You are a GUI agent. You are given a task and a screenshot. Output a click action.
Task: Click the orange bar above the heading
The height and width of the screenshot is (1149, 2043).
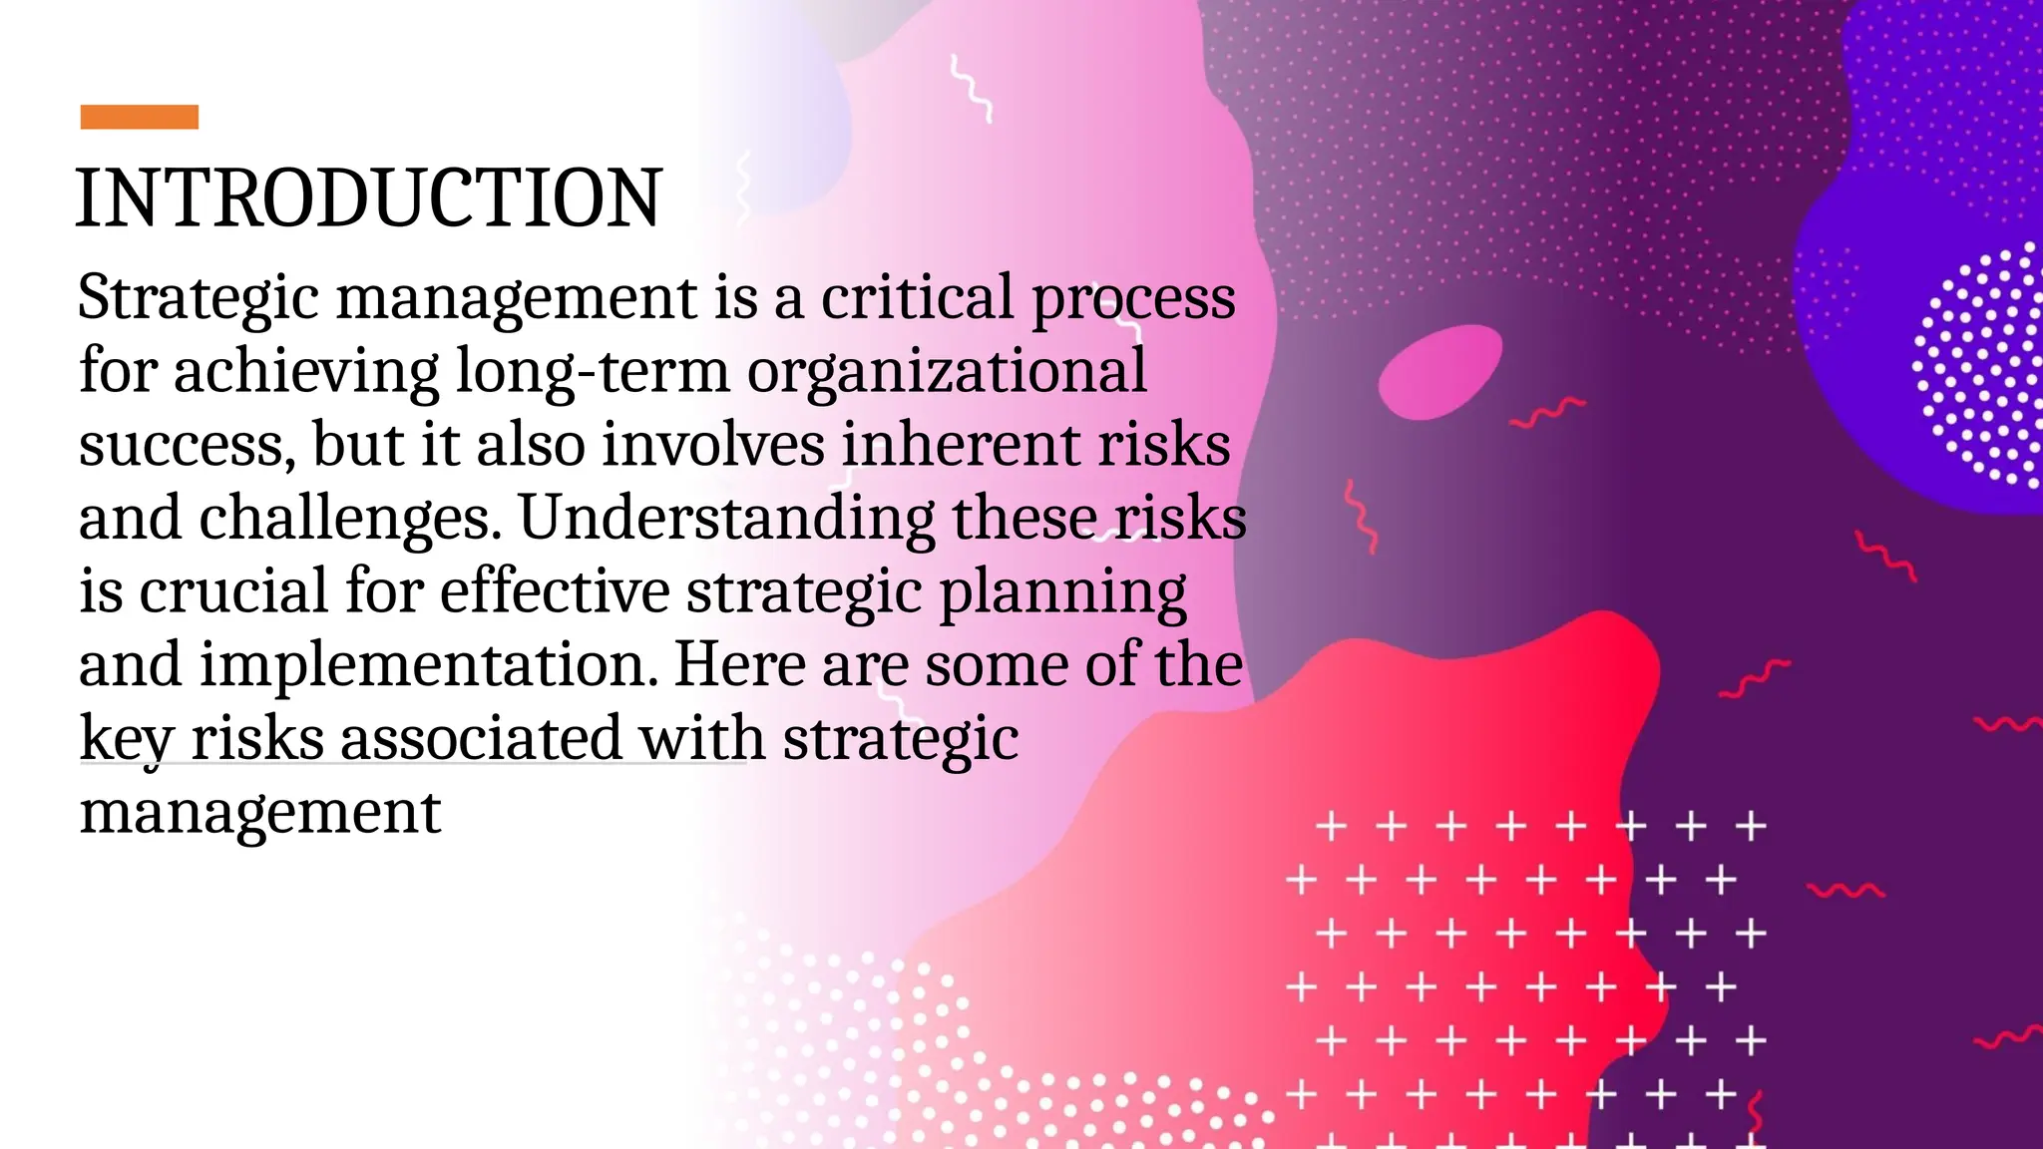[x=139, y=117]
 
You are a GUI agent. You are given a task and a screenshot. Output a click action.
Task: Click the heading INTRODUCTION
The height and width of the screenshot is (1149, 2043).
[x=368, y=198]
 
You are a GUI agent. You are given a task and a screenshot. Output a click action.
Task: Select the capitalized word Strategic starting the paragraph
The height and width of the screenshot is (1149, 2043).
[x=199, y=298]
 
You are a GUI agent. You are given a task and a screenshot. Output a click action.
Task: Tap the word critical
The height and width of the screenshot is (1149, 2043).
[x=917, y=297]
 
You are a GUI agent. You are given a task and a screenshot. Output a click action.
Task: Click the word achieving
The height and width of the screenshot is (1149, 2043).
[x=306, y=372]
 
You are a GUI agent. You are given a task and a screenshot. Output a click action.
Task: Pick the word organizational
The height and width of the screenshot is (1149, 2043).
[x=947, y=372]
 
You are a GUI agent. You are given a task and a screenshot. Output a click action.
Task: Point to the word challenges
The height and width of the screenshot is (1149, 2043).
[x=349, y=520]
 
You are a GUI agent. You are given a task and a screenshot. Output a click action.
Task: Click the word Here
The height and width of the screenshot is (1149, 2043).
[x=739, y=665]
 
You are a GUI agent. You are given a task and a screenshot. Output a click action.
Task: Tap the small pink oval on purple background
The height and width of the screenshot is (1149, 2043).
[x=1439, y=372]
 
